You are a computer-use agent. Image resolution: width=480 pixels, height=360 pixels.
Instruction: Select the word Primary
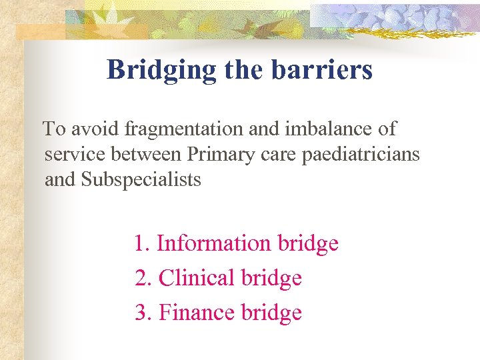pos(217,155)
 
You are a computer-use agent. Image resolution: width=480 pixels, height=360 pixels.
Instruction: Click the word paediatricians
pos(361,154)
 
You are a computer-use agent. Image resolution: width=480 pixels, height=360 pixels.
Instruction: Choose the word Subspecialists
pos(141,180)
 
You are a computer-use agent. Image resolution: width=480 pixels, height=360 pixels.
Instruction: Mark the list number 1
pos(141,243)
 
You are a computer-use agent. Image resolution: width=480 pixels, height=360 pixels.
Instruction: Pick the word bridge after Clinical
pos(271,278)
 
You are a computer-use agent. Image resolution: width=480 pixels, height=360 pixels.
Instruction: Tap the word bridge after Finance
pos(271,313)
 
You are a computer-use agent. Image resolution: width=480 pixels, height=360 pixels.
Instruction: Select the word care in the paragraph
pos(277,155)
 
